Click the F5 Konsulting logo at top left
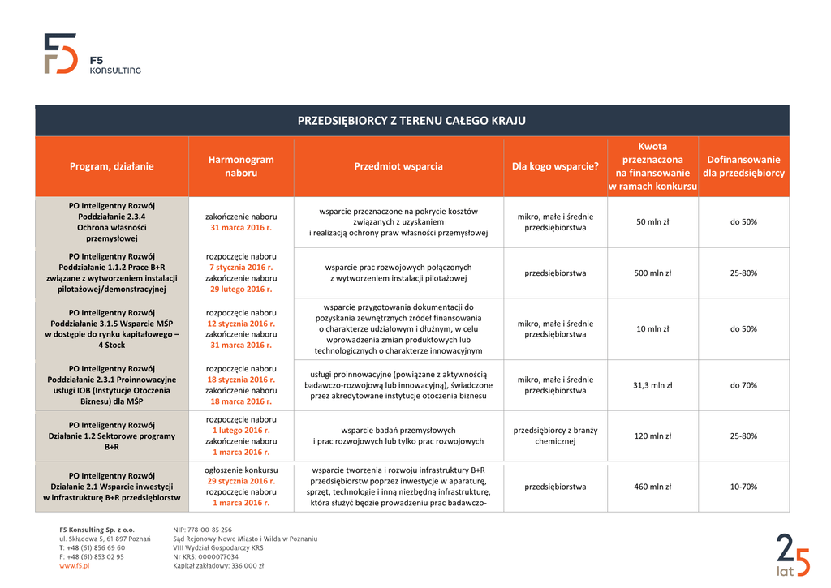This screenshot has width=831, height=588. pos(91,54)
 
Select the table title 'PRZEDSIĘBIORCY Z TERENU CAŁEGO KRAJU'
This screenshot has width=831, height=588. pos(411,121)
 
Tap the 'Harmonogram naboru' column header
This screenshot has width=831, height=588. pos(241,166)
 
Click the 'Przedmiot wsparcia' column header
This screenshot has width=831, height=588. pos(398,166)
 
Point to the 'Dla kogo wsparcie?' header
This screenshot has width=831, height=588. pos(555,166)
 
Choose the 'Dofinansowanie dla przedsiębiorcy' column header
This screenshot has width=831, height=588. pos(743,166)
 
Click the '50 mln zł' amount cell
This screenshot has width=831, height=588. pos(652,222)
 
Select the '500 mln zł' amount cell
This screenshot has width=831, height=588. pos(652,273)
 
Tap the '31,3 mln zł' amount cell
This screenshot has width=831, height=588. pos(652,385)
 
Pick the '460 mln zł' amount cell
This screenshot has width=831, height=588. pos(652,487)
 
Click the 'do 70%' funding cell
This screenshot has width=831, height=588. pos(743,385)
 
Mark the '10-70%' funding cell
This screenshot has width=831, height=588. pos(743,487)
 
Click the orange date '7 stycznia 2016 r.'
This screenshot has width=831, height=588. pos(241,267)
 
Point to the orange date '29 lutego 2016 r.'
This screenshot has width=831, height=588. pos(241,289)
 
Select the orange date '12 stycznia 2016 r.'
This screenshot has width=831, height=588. pos(241,324)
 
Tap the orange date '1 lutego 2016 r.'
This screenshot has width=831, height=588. pos(241,430)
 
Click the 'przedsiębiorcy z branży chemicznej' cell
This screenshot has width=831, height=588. pos(555,436)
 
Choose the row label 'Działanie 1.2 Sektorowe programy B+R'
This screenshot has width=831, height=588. pos(111,436)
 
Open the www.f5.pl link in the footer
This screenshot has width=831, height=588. pos(74,566)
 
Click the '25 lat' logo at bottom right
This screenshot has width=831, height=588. pos(792,556)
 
